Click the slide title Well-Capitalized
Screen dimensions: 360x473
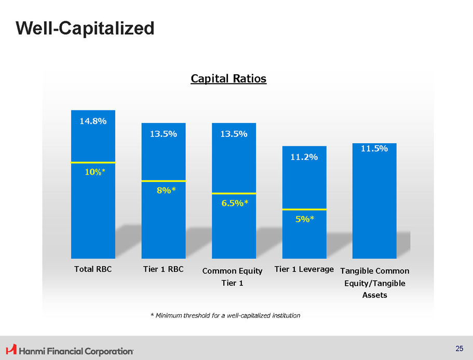pos(85,28)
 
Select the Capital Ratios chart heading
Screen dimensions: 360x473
pos(228,78)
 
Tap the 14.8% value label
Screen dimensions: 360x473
pos(93,121)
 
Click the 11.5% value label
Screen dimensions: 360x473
pos(374,148)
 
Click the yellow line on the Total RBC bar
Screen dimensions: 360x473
pos(93,162)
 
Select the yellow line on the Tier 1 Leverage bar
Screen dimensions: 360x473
pos(304,209)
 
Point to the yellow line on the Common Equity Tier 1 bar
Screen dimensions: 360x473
pos(234,193)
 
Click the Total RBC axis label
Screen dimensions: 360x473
pos(93,269)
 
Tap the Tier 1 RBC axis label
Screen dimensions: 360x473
pos(164,269)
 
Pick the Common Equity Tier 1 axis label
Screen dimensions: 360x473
pos(232,276)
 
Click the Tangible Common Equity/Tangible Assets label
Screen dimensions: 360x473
pos(374,283)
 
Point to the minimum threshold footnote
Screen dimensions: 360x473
pos(225,315)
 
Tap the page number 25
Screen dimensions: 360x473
pos(459,349)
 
